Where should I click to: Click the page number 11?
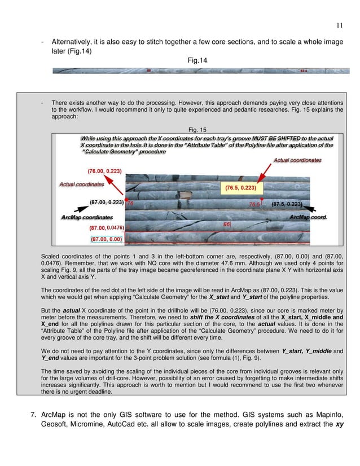(x=339, y=24)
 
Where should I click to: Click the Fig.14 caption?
(x=195, y=60)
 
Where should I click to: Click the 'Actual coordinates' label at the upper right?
(x=297, y=160)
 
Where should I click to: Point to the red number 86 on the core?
(x=227, y=224)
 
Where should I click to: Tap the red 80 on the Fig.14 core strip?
(x=148, y=71)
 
